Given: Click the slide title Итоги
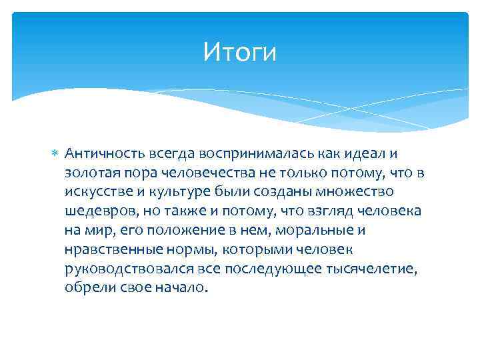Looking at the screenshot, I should (239, 51).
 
